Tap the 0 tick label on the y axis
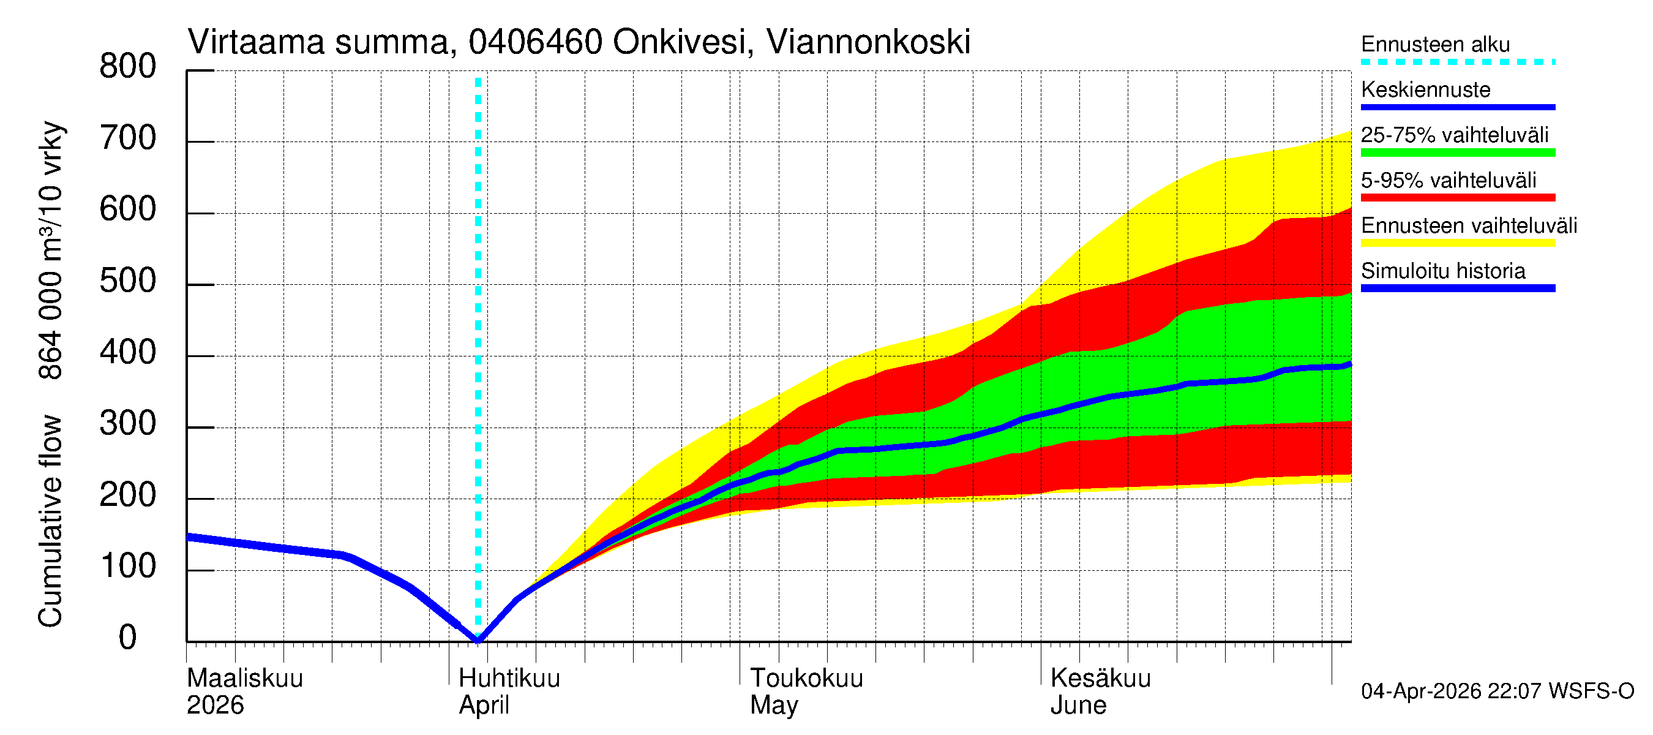tap(128, 638)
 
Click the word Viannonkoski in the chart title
tap(868, 42)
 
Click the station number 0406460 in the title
tap(535, 42)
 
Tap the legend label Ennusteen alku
tap(1435, 44)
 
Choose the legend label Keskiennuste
tap(1425, 90)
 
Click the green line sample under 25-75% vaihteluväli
tap(1457, 153)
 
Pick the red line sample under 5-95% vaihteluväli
tap(1457, 198)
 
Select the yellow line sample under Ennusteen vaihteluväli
tap(1457, 243)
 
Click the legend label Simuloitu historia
tap(1442, 271)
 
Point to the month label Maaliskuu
tap(244, 679)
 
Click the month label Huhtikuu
tap(509, 679)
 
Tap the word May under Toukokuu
tap(774, 706)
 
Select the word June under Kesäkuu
tap(1078, 706)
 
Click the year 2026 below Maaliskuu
tap(215, 706)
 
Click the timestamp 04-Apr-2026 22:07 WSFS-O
tap(1497, 692)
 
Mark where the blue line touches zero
tap(478, 640)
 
